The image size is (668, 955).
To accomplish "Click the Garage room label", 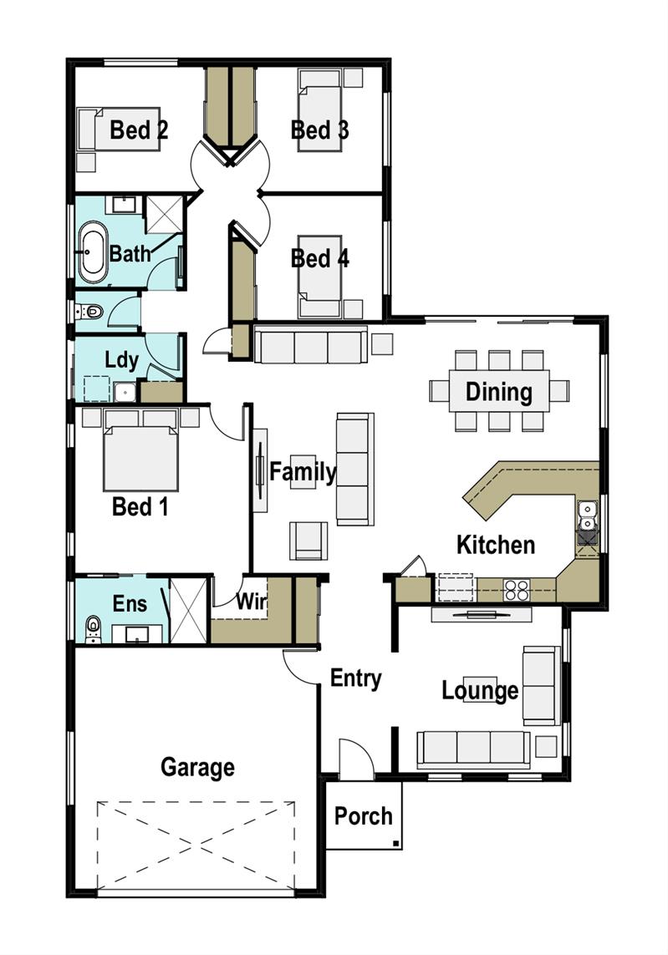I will click(x=197, y=767).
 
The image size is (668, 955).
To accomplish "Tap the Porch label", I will click(x=363, y=816).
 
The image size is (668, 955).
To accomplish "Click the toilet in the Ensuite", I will click(x=93, y=627).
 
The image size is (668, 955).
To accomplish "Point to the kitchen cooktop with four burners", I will click(x=517, y=589).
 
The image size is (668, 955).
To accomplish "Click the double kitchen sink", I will click(x=588, y=516).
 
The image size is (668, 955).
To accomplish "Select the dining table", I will click(x=499, y=391).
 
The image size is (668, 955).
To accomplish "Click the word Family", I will click(x=303, y=472).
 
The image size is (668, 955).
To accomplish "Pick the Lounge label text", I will click(x=479, y=691).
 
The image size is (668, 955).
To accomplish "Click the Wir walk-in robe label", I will click(x=251, y=601).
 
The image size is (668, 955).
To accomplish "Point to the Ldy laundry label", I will click(x=121, y=360).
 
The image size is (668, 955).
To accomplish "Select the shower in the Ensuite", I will click(x=188, y=610).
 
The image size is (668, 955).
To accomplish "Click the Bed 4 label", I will click(x=319, y=258).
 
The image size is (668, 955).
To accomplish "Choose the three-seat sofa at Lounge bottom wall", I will click(x=473, y=749).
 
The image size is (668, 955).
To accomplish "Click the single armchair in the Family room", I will click(x=309, y=541).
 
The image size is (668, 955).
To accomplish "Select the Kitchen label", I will click(x=495, y=545).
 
